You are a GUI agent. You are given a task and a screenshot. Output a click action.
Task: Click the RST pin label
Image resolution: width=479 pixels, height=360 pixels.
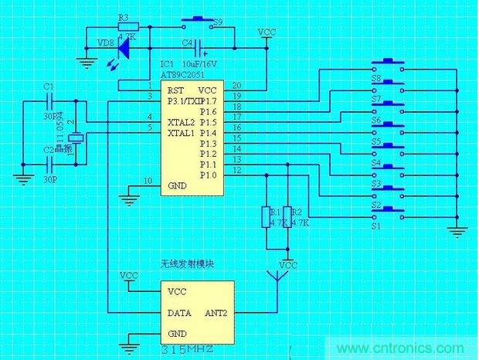click(175, 90)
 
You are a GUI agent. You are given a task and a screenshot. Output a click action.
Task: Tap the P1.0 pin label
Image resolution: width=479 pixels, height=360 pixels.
click(209, 175)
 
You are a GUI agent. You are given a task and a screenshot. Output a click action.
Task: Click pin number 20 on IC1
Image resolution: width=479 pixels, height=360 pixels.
click(236, 85)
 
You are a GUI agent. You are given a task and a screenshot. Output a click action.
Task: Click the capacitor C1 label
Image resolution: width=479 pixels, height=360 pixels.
click(49, 86)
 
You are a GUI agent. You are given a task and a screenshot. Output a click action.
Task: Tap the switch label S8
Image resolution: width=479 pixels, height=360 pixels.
click(376, 79)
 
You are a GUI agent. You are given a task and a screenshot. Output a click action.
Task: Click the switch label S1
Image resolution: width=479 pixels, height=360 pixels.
click(376, 227)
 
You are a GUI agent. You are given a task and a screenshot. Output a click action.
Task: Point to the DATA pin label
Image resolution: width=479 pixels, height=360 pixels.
click(180, 313)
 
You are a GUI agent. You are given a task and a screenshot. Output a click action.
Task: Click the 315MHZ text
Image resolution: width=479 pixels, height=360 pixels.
click(189, 350)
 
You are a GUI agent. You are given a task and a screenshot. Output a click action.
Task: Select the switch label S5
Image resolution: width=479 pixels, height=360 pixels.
click(376, 142)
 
